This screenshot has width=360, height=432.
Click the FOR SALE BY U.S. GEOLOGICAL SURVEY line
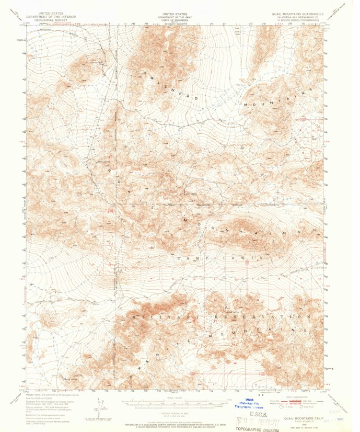pyautogui.click(x=176, y=424)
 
